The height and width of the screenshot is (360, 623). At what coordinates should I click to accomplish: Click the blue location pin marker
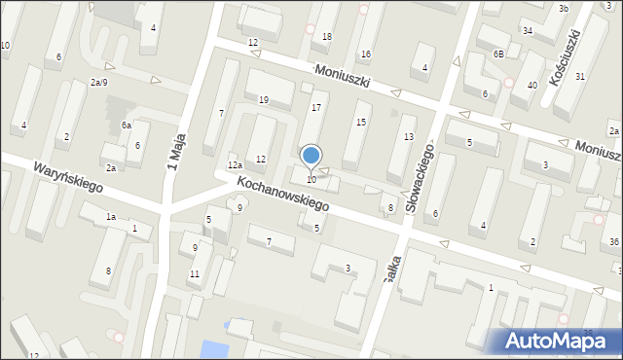coord(311,156)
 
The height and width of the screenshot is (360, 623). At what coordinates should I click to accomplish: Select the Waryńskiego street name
coord(68,176)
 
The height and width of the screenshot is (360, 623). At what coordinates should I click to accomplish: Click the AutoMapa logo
coord(557,341)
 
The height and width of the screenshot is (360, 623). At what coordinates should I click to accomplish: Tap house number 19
coord(263,100)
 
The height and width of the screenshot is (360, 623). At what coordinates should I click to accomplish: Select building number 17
coord(315,107)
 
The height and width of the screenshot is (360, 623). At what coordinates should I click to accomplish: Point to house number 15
coord(361,122)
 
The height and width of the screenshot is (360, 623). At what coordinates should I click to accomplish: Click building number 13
coord(409,136)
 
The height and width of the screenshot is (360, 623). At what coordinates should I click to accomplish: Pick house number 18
coord(327,37)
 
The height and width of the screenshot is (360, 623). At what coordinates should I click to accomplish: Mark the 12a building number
coord(235,166)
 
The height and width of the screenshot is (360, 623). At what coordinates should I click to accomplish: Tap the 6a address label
coord(127,126)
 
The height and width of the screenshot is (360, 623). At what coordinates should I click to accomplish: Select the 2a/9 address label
coord(98,83)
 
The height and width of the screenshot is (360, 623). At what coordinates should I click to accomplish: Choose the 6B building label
coord(498,54)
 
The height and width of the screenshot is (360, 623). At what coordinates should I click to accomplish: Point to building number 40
coord(532,86)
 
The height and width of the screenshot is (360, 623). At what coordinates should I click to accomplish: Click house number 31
coord(580,76)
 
